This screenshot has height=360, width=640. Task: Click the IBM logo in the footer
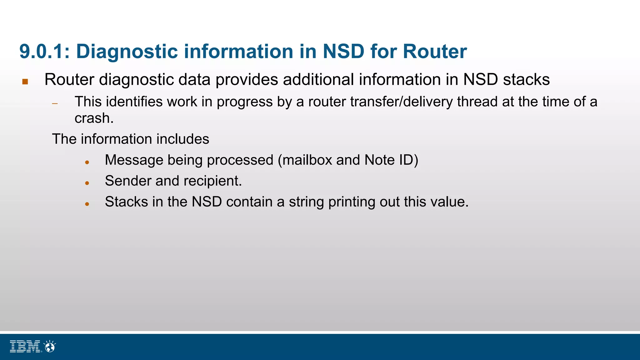click(25, 346)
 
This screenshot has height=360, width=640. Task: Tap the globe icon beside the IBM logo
click(50, 346)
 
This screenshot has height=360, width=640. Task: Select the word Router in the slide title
click(435, 52)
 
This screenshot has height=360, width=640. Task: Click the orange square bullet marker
click(25, 82)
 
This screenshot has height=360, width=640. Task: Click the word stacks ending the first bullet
click(526, 80)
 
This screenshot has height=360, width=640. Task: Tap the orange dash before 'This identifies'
click(55, 103)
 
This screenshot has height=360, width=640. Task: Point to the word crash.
click(94, 118)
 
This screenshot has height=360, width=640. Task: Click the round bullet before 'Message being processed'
click(87, 162)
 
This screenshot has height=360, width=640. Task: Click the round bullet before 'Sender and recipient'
click(87, 183)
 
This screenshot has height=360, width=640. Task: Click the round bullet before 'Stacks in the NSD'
click(87, 204)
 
